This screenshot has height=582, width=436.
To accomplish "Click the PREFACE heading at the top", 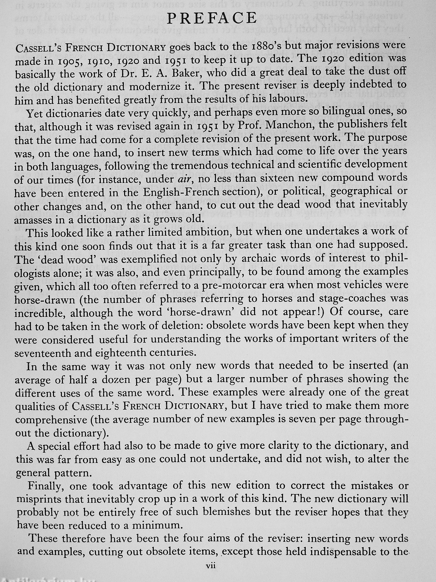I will click(212, 18).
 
